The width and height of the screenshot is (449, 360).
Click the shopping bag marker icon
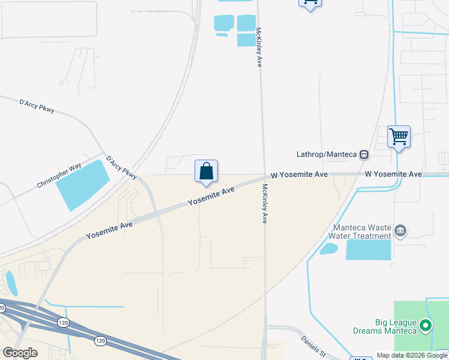click(206, 171)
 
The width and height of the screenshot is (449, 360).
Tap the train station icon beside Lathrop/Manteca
click(364, 154)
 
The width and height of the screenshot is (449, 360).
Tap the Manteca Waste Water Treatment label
click(363, 232)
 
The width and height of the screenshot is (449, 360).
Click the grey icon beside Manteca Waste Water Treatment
click(401, 230)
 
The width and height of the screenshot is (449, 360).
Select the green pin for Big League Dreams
click(426, 326)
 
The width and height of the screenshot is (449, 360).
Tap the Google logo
click(20, 353)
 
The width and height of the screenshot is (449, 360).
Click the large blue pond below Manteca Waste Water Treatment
click(368, 250)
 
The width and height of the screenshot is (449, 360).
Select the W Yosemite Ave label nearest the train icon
click(393, 174)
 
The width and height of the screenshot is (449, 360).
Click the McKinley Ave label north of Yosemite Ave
click(259, 46)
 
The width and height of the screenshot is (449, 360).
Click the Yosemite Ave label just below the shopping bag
click(211, 196)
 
